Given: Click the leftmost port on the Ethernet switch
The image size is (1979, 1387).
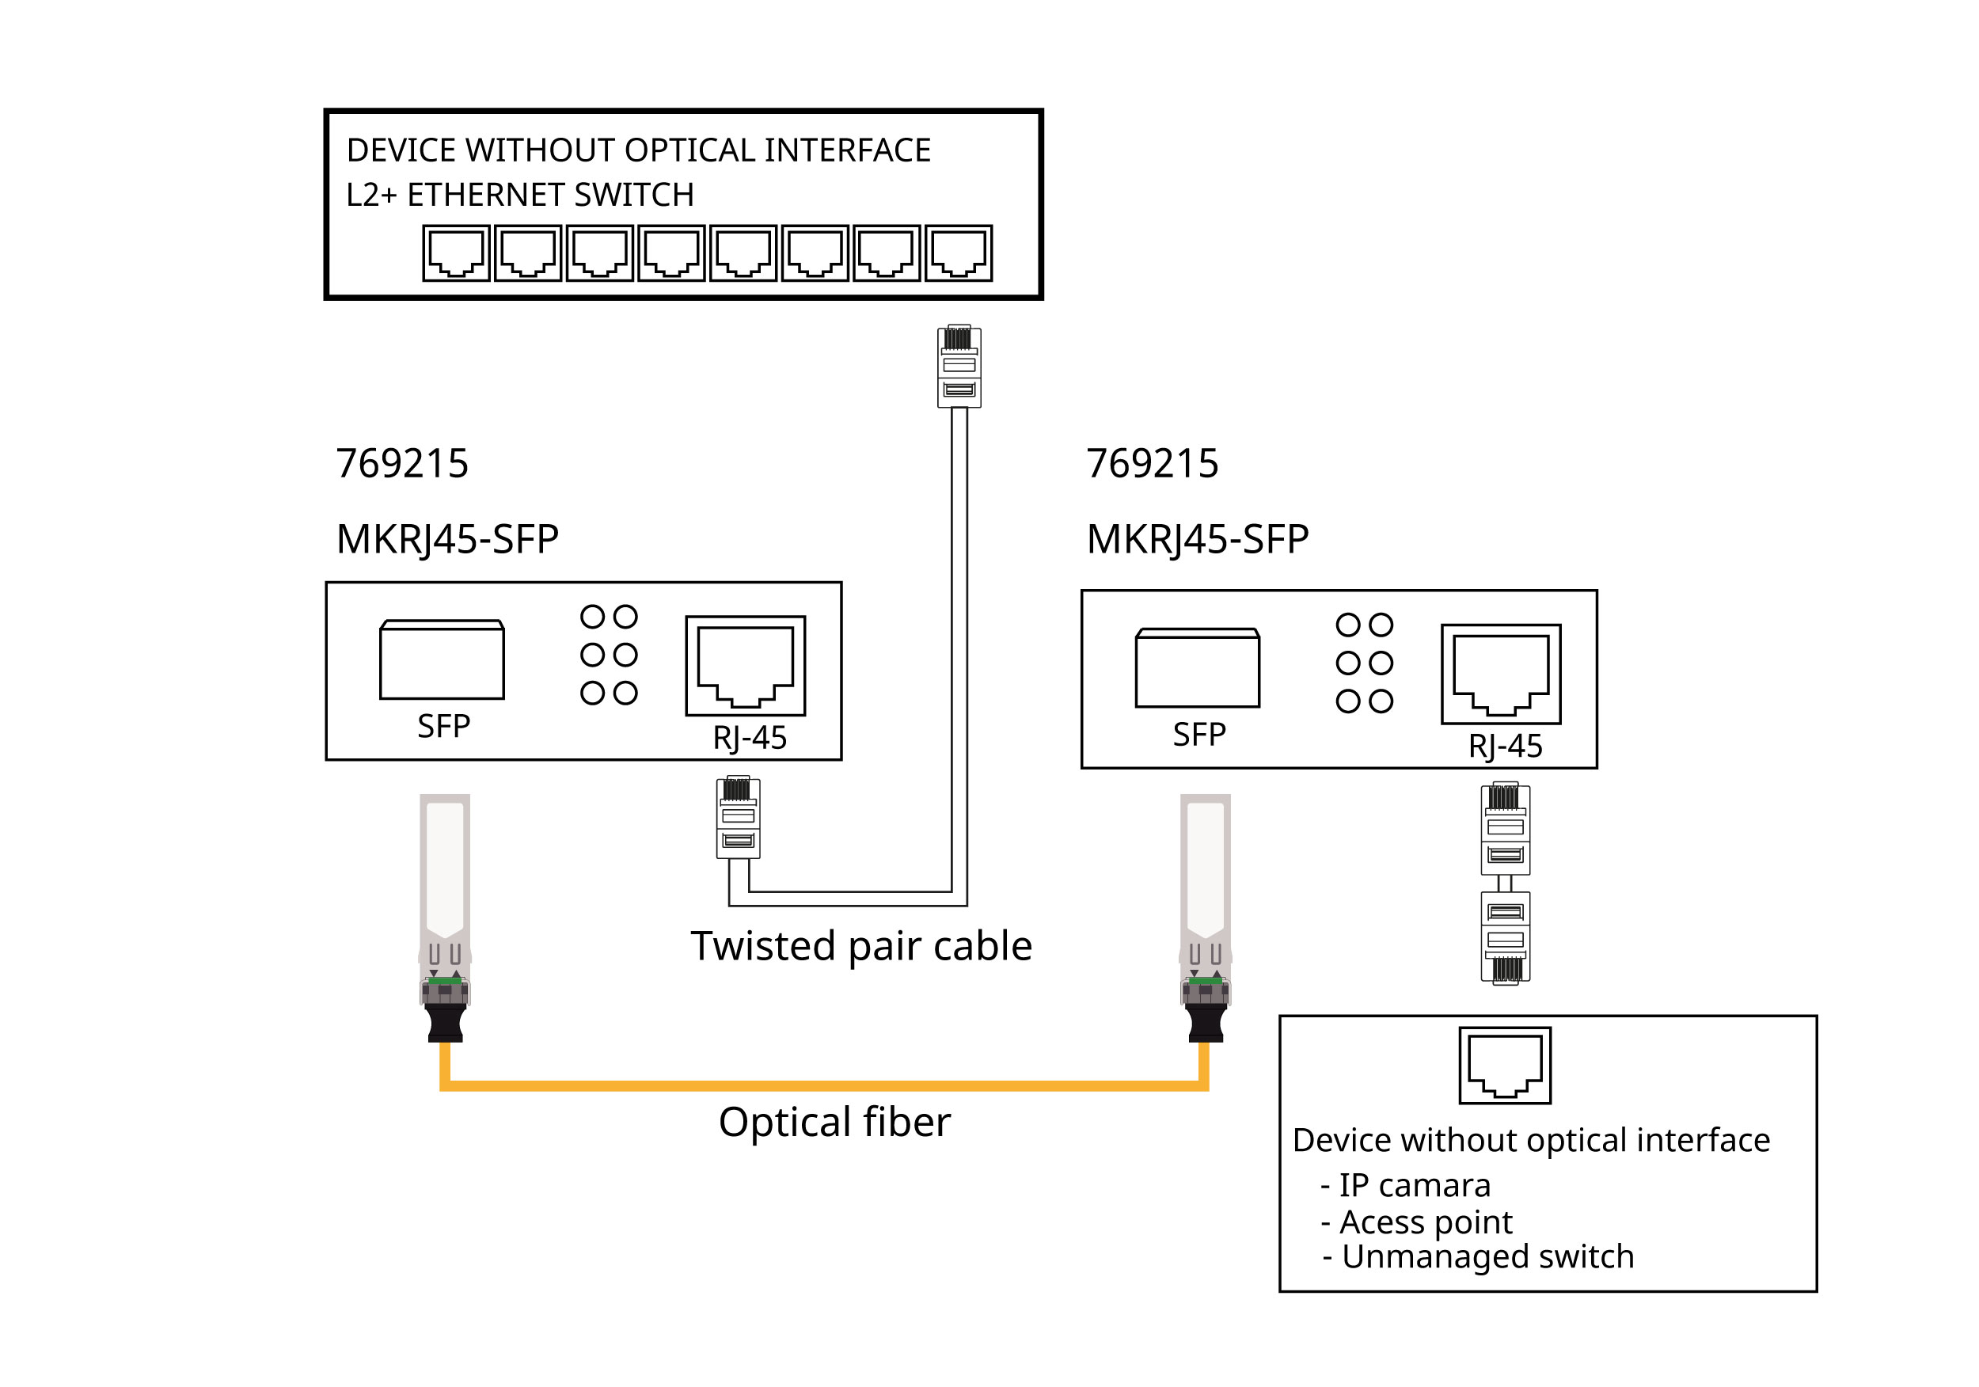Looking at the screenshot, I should (456, 253).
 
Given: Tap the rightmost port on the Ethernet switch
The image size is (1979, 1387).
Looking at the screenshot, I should (959, 253).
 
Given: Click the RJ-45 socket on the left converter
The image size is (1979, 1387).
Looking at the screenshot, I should (745, 666).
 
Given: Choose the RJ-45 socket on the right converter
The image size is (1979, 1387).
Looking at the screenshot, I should (1501, 674).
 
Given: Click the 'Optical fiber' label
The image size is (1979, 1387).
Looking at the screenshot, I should (834, 1123).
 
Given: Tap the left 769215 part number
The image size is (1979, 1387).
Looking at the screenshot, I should (401, 464).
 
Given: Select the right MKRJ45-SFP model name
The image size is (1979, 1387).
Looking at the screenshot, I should (1197, 540).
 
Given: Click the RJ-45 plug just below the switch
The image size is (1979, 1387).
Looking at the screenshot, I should (959, 367).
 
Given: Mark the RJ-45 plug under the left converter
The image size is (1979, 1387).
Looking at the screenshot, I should (738, 818).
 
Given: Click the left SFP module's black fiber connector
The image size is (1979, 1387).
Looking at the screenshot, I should (446, 1022).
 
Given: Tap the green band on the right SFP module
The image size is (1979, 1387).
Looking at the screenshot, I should (1205, 981).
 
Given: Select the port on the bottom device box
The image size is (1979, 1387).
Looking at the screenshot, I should (1505, 1066).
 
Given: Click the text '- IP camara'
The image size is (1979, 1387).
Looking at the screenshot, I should (1405, 1186).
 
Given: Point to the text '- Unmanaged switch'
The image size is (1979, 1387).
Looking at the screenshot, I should (1478, 1257).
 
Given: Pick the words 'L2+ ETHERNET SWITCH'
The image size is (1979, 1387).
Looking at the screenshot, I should (520, 196).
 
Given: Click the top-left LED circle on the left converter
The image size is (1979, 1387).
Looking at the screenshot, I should (592, 617).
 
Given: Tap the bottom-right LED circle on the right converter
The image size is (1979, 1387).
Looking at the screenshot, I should (1381, 701).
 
